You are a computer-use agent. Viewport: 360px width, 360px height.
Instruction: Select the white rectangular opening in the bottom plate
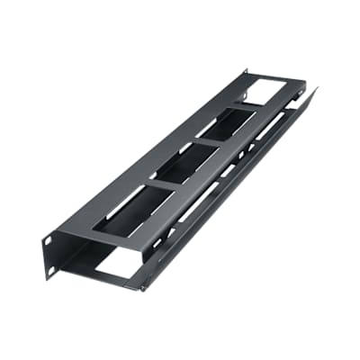point(116,266)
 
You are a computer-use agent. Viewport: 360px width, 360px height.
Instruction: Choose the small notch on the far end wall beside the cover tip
point(301,96)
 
